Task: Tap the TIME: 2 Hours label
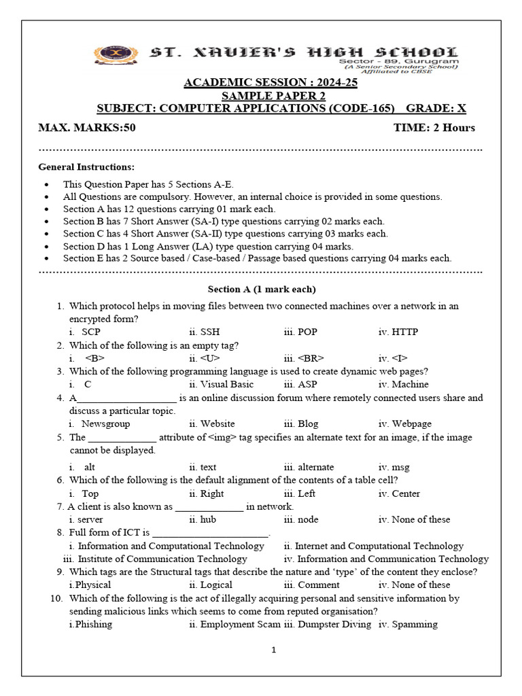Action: [434, 128]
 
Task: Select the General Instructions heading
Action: [86, 167]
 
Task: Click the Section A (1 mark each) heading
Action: [262, 289]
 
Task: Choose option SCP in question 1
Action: [90, 332]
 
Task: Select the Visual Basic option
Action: [218, 385]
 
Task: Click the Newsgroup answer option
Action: [105, 424]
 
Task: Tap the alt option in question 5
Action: [90, 468]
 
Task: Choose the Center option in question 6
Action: [406, 494]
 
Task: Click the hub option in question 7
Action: [207, 520]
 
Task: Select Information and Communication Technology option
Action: [392, 559]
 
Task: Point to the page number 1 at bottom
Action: [273, 650]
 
